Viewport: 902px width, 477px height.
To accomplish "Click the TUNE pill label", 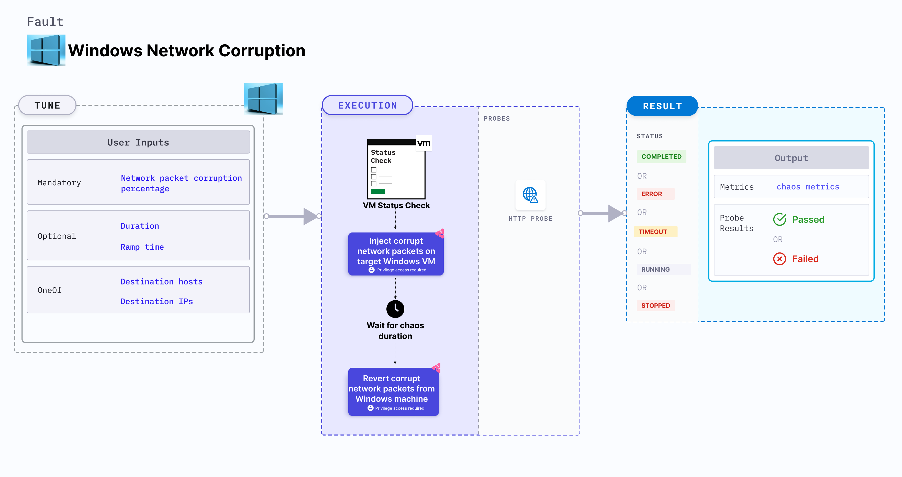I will tap(47, 105).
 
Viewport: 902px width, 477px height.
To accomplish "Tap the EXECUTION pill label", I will tap(367, 105).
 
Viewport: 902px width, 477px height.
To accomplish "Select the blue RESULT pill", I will tap(662, 106).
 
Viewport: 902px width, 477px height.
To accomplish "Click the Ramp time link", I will tap(142, 247).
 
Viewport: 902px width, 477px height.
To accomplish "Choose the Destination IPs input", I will tap(157, 301).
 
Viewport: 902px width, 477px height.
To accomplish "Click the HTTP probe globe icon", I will tap(530, 195).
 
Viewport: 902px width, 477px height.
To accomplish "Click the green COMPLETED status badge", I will tap(661, 157).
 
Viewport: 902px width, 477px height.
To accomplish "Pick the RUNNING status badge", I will tap(655, 269).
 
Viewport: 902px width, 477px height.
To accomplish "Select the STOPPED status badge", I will tap(655, 305).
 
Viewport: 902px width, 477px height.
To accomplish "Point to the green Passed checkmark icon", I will tap(779, 219).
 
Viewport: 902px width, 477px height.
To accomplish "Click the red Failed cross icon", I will tap(779, 259).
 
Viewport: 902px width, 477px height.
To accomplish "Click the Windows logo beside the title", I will tap(46, 50).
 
